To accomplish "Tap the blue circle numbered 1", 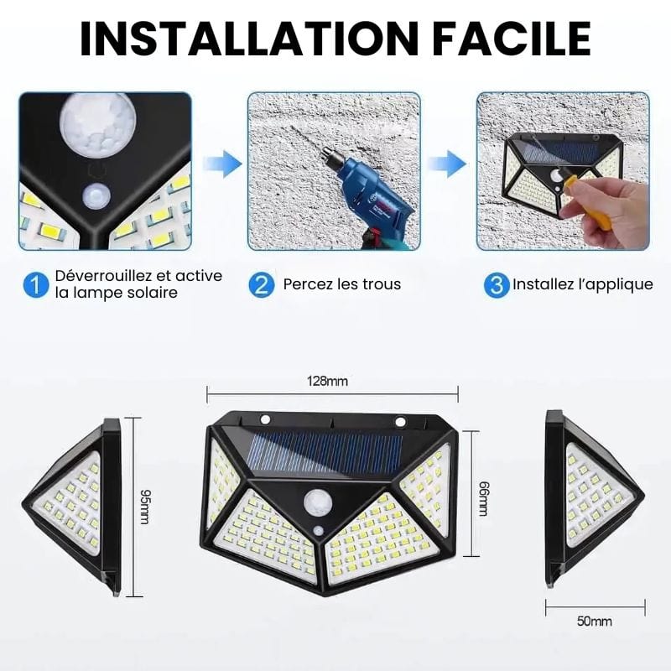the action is tap(36, 284).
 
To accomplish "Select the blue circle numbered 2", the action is tap(261, 284).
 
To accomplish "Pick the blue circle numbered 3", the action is tap(497, 284).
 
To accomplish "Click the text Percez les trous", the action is tap(342, 284).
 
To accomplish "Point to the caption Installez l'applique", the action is tap(583, 284).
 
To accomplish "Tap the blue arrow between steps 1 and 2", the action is tap(222, 164).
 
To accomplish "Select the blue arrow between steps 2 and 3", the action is tap(448, 164).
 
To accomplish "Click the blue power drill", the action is tap(367, 194).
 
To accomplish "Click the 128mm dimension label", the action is tap(327, 381).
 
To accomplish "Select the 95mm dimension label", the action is tap(145, 507).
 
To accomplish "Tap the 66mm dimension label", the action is tap(484, 498).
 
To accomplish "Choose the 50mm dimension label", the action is tap(595, 621).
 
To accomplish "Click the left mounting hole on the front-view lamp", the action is tap(265, 418).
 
